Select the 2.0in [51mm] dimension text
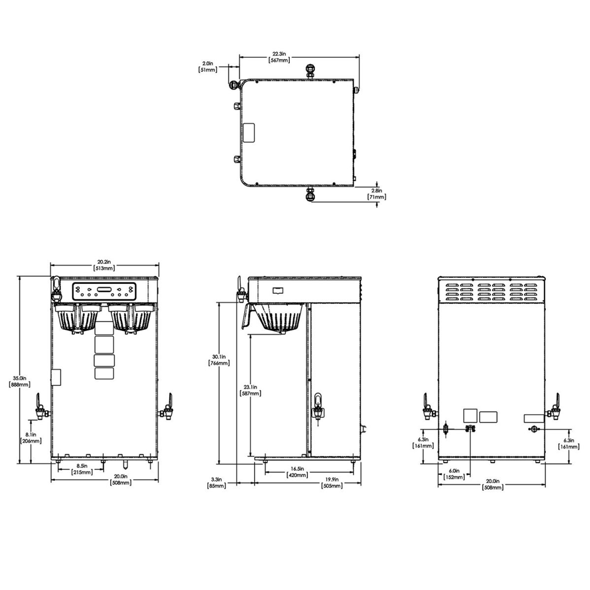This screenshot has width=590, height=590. [207, 66]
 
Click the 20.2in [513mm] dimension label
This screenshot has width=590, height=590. [104, 265]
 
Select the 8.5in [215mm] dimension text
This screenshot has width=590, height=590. [81, 469]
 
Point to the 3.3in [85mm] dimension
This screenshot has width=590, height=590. [216, 483]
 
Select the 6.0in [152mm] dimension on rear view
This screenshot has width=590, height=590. [454, 474]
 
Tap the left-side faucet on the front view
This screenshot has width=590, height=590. [40, 407]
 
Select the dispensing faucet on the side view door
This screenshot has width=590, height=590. [319, 406]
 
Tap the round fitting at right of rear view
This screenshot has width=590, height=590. [534, 430]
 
